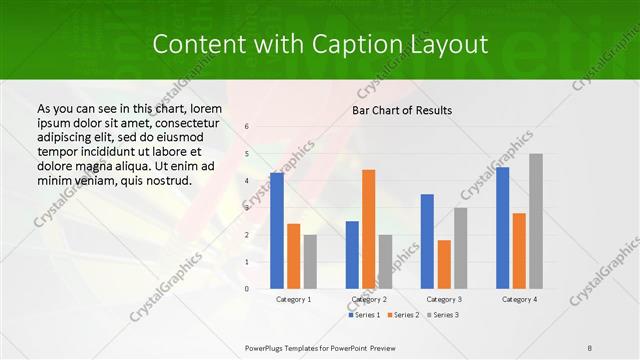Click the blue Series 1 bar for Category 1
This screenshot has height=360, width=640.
[x=276, y=231]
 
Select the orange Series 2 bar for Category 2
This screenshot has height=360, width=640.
[x=369, y=229]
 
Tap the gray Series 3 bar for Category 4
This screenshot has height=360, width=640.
[x=536, y=221]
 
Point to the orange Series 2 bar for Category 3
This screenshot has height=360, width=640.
[x=444, y=264]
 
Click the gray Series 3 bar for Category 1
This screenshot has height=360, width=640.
[x=310, y=262]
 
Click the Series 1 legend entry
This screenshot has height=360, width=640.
[x=365, y=315]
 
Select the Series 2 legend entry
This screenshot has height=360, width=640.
[x=403, y=315]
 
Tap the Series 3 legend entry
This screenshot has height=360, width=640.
[x=442, y=315]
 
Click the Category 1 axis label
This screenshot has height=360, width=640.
[x=293, y=299]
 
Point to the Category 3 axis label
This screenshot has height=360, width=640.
[x=444, y=299]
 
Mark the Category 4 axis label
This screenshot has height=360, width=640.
[x=519, y=299]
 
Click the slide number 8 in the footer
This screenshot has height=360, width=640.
[x=590, y=348]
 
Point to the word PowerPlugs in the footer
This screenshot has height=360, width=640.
[x=267, y=348]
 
